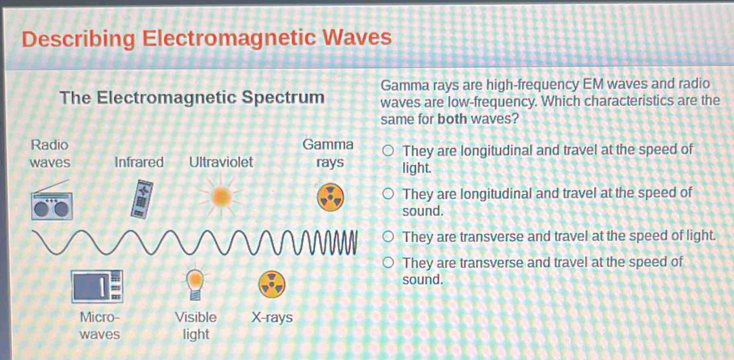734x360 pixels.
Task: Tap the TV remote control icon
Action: [142, 199]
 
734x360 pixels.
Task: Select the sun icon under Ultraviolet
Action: [221, 197]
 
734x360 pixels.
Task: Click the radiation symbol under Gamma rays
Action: [330, 197]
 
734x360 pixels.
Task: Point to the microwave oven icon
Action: [97, 286]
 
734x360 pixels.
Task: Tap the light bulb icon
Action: [195, 284]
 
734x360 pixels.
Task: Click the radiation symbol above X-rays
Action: [271, 284]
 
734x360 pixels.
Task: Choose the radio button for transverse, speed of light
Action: [388, 237]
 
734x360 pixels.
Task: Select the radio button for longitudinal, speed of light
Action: [388, 151]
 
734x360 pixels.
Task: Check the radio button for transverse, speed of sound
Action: [388, 263]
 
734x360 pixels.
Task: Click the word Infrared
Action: [139, 163]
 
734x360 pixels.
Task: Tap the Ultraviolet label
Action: [221, 163]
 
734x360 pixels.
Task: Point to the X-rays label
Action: [272, 318]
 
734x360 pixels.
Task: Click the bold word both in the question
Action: [452, 119]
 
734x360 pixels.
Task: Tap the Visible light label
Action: [196, 326]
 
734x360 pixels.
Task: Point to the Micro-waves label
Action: [100, 326]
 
